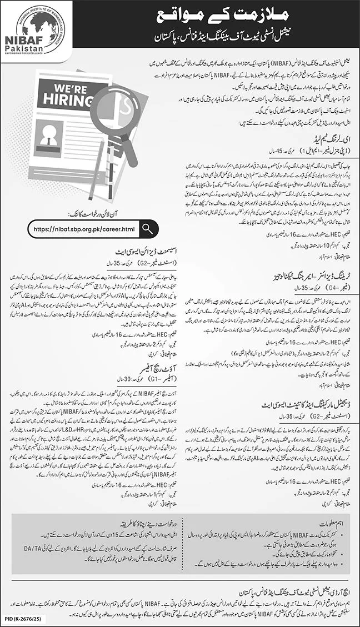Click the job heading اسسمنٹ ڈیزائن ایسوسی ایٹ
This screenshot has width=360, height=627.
[137, 249]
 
